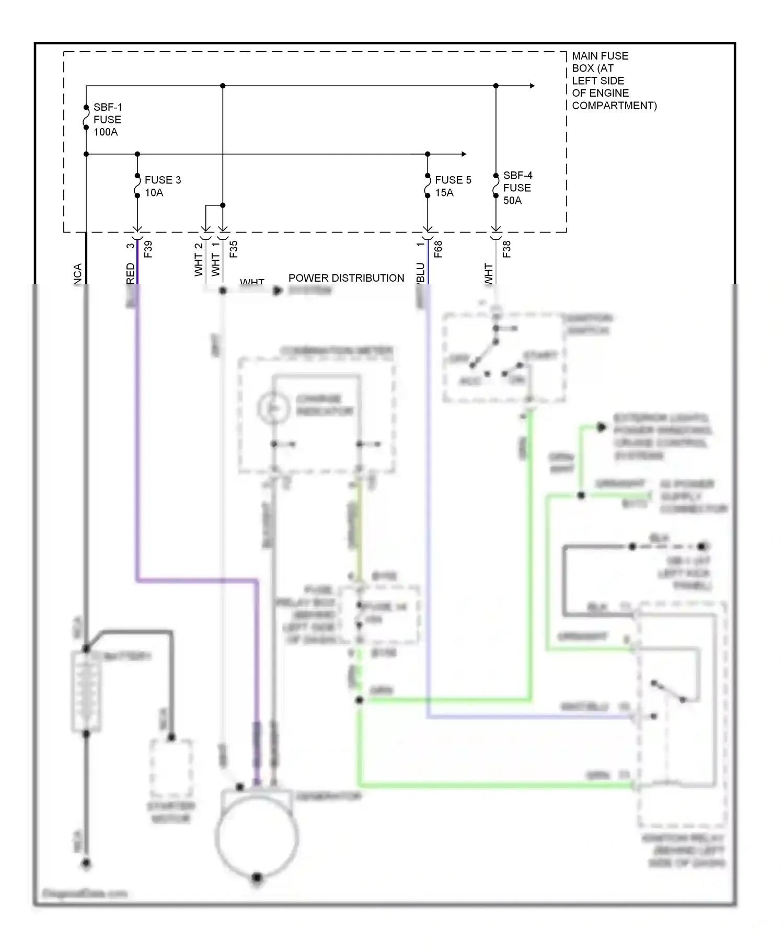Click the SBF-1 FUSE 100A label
click(x=107, y=120)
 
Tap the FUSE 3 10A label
click(x=163, y=186)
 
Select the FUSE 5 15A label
click(x=453, y=186)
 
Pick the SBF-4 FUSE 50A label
click(x=517, y=188)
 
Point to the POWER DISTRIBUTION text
click(x=346, y=278)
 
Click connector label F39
click(x=148, y=249)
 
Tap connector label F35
click(x=234, y=249)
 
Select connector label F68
click(x=439, y=249)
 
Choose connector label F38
click(x=506, y=249)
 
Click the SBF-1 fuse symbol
click(x=86, y=118)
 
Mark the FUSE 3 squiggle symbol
click(x=137, y=186)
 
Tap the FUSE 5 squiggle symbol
click(x=428, y=186)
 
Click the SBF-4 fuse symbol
click(x=496, y=186)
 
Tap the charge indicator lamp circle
click(x=273, y=407)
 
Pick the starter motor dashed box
click(x=171, y=768)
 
